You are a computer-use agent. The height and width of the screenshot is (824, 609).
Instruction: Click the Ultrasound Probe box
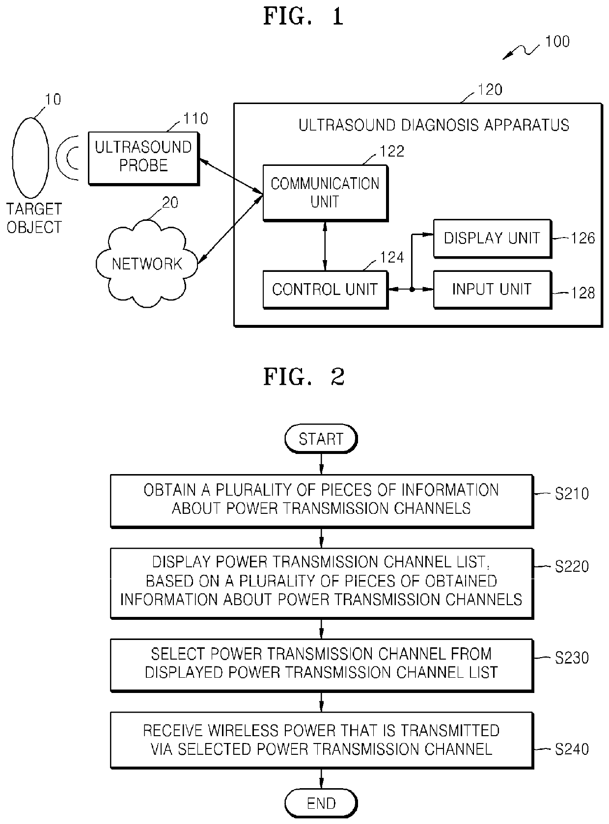pos(144,158)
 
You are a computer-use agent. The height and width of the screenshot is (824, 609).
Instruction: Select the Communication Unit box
pos(325,193)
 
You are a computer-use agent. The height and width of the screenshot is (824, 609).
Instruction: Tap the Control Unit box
pos(325,290)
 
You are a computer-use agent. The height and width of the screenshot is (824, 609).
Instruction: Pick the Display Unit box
pos(492,239)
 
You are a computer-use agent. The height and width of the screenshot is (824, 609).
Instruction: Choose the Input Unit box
pos(492,290)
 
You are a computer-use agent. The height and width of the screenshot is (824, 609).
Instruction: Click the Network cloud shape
pos(147,264)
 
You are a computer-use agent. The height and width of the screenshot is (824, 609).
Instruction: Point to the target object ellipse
pos(30,158)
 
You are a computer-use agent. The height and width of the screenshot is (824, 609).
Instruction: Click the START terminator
pos(321,439)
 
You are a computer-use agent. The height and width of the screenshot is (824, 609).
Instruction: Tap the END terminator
pos(321,803)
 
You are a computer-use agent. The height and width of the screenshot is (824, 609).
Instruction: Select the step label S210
pos(572,494)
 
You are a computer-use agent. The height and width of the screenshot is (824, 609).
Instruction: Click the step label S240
pos(572,749)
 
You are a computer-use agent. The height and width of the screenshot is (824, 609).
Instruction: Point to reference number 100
pos(557,42)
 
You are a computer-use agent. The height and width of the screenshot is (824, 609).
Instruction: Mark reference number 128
pos(582,293)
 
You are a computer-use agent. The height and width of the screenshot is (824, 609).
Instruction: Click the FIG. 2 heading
pos(304,377)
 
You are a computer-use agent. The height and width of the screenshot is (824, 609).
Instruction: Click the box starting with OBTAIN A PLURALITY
pos(322,501)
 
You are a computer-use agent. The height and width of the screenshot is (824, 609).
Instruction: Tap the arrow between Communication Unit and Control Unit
pos(325,246)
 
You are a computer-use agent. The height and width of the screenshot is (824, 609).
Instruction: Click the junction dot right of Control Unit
pos(412,290)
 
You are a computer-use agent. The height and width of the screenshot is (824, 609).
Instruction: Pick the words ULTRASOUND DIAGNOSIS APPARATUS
pos(434,125)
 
